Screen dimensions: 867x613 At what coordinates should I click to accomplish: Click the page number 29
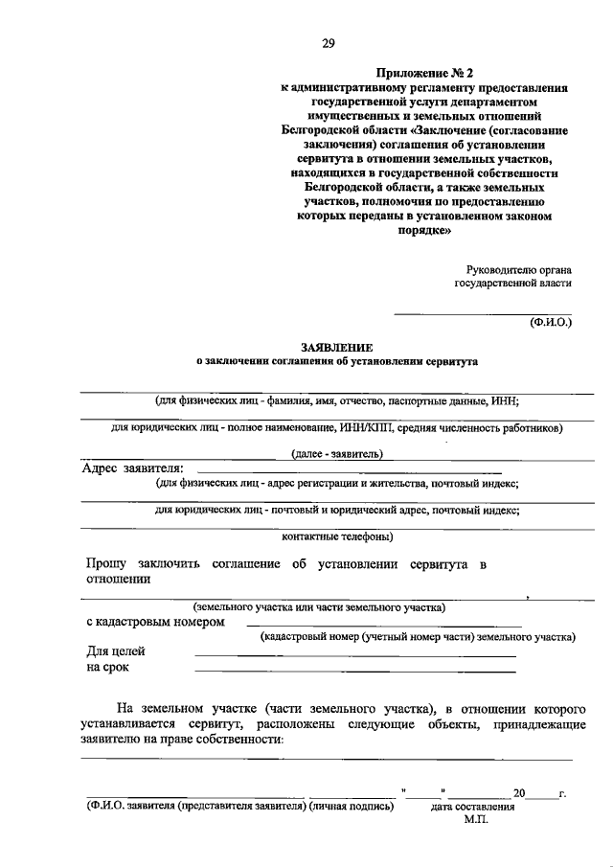(x=328, y=43)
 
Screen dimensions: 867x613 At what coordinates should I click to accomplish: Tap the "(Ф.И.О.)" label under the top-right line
(x=550, y=323)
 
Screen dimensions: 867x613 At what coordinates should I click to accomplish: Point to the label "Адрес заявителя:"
(x=132, y=468)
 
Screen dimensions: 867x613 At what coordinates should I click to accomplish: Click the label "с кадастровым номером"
(x=154, y=621)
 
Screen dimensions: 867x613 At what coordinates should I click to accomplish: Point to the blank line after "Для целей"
(x=354, y=655)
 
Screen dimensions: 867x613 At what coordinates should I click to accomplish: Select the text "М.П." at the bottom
(x=476, y=821)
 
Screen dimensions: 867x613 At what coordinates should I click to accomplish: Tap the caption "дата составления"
(x=473, y=807)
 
